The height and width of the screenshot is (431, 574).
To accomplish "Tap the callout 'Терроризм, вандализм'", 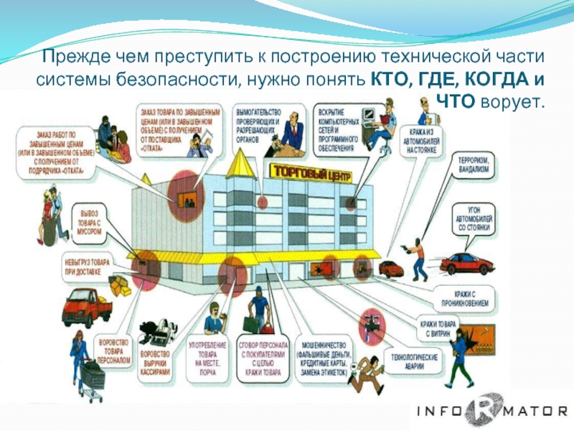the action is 473,164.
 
